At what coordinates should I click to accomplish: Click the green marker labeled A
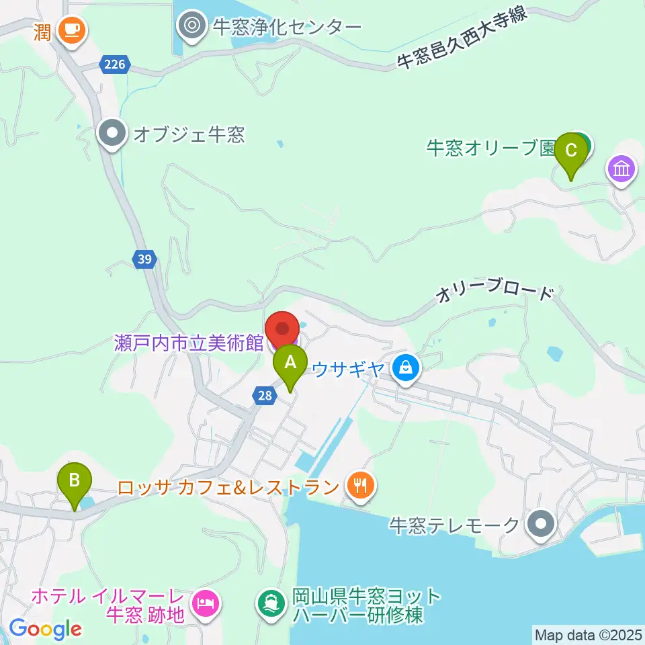click(290, 363)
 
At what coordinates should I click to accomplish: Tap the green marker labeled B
click(75, 482)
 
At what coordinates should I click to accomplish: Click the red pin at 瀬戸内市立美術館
click(283, 329)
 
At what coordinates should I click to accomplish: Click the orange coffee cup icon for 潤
click(70, 30)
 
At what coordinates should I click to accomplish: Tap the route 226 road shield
click(115, 65)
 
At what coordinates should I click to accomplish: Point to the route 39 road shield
click(145, 259)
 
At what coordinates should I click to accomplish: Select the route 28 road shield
click(265, 396)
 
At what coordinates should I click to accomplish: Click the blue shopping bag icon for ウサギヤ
click(406, 368)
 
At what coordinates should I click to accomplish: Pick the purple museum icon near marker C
click(621, 168)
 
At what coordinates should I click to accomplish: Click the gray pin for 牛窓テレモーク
click(541, 523)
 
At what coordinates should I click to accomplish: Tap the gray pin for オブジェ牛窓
click(112, 132)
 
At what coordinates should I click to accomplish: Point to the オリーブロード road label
click(496, 294)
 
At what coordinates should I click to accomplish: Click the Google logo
click(46, 629)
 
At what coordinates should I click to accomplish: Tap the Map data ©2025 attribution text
click(587, 634)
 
